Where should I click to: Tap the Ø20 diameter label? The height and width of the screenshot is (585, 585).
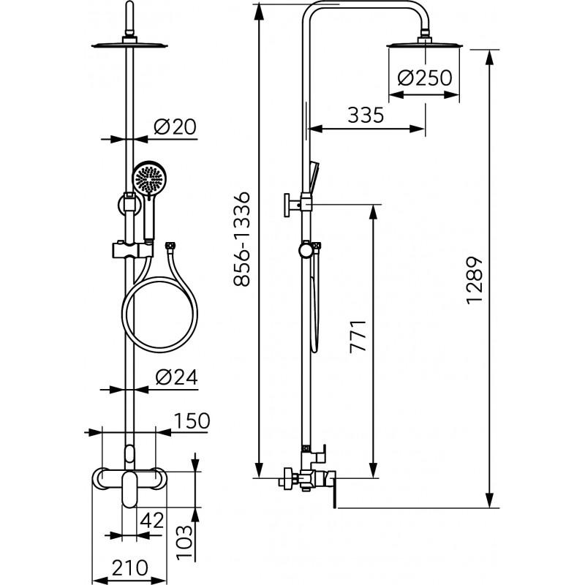tap(175, 127)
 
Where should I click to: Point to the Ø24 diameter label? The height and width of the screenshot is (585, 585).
tap(176, 377)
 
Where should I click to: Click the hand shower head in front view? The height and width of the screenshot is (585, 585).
tap(148, 178)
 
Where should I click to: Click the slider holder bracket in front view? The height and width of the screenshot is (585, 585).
tap(132, 250)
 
